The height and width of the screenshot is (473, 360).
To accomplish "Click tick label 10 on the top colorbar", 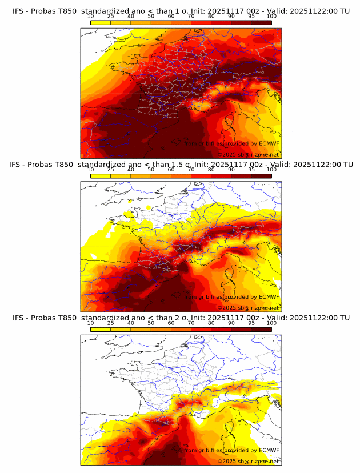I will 90,17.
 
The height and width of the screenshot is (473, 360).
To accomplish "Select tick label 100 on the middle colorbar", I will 271,170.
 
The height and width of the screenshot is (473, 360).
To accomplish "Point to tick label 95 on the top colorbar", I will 251,17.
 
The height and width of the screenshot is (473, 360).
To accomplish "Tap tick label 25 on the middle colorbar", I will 110,170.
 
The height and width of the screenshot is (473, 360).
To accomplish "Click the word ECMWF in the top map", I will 269,144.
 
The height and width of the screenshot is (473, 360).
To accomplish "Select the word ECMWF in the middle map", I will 269,297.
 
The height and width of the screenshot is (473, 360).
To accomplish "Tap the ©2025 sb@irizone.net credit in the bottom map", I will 249,461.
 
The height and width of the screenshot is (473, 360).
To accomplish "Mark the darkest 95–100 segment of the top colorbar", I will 261,22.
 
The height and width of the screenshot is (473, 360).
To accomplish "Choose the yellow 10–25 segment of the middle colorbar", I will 101,176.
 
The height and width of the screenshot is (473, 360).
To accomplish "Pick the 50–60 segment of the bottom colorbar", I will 161,329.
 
